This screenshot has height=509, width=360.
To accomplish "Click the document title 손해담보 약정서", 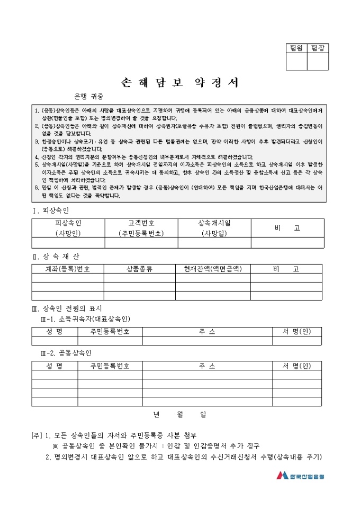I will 181,83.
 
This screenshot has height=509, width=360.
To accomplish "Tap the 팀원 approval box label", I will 296,48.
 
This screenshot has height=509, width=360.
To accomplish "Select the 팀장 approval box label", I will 318,48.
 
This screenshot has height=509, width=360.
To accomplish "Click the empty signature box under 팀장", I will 318,61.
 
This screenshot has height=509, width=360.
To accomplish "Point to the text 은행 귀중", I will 89,96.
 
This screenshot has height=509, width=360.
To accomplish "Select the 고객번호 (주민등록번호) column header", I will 141,228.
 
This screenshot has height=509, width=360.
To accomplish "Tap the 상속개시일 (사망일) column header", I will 214,228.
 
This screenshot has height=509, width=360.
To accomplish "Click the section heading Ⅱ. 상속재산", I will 56,257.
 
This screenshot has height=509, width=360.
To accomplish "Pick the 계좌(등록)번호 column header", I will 68,269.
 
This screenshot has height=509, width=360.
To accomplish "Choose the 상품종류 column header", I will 139,269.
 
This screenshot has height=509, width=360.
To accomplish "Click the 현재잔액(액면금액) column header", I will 212,269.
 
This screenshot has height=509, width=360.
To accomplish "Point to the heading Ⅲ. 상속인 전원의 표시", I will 67,308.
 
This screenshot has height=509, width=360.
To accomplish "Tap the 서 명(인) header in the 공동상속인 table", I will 297,366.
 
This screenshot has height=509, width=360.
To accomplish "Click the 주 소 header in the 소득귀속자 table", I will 207,332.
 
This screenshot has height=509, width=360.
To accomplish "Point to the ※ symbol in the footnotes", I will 55,446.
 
